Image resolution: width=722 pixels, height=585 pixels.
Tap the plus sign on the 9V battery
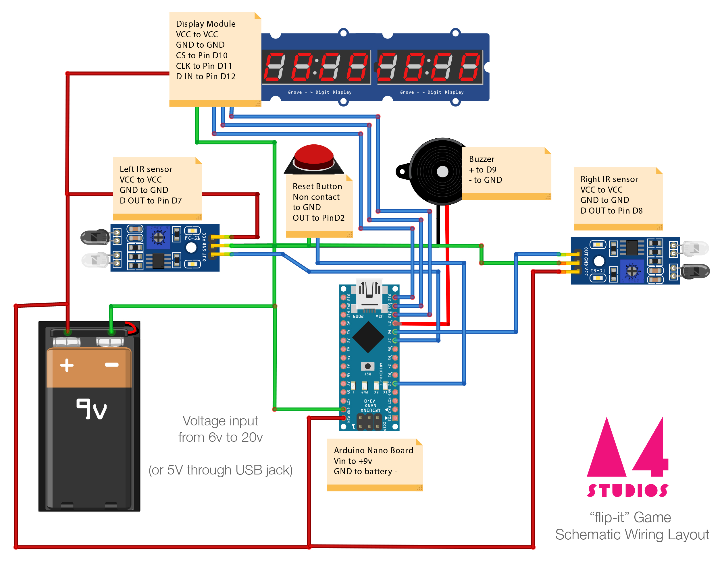(x=67, y=365)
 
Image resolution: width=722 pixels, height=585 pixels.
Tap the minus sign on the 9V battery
(x=112, y=365)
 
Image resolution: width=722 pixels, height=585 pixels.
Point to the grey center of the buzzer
(x=442, y=172)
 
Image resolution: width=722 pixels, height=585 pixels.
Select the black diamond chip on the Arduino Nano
(x=368, y=337)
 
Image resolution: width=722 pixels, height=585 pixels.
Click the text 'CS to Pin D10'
(x=201, y=55)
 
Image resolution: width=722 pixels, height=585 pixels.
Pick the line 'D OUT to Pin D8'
(x=611, y=211)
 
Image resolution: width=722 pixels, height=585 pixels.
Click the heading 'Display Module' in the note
(x=205, y=24)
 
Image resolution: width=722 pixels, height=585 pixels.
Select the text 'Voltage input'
(x=220, y=421)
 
